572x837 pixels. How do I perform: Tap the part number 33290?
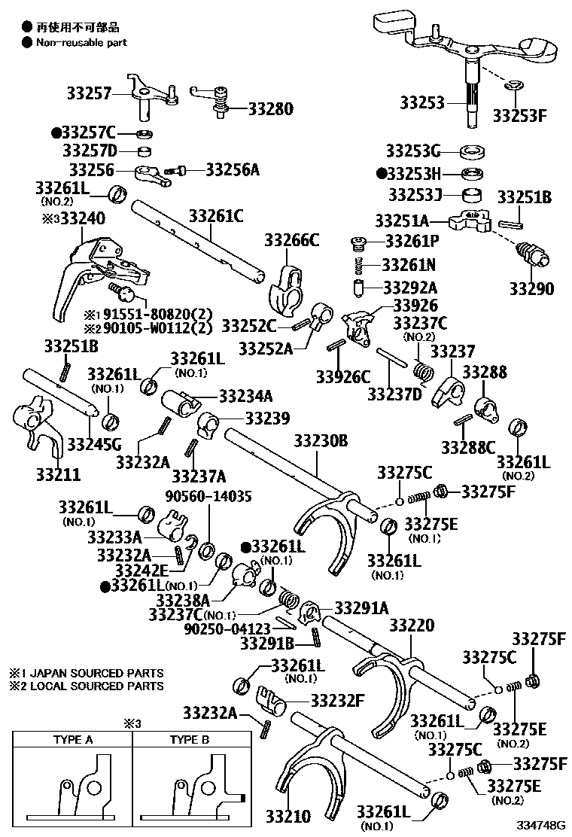point(531,289)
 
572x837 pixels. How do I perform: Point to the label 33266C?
point(291,240)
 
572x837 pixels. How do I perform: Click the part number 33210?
point(287,816)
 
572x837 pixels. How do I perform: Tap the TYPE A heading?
point(73,739)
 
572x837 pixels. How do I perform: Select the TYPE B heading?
point(189,739)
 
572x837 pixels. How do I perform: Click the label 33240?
point(78,218)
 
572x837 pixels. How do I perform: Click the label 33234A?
point(246,396)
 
